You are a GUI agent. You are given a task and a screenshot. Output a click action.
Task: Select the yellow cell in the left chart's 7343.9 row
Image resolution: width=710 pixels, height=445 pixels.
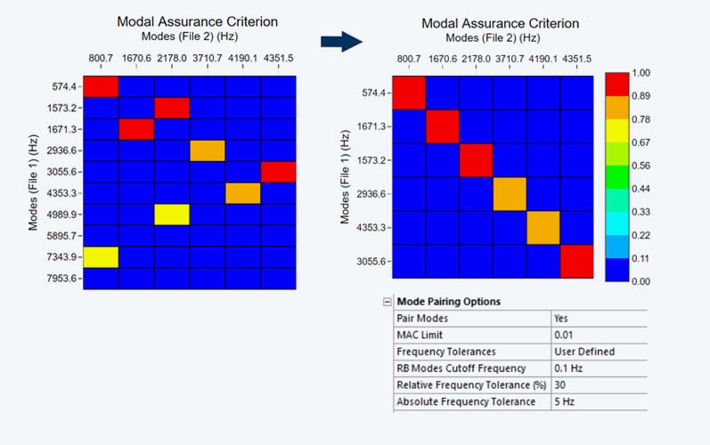pyautogui.click(x=102, y=256)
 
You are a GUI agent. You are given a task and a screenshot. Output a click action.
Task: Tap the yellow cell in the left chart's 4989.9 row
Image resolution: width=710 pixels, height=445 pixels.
pyautogui.click(x=171, y=214)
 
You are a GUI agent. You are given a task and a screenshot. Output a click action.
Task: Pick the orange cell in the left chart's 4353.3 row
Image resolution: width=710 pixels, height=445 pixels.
pyautogui.click(x=241, y=192)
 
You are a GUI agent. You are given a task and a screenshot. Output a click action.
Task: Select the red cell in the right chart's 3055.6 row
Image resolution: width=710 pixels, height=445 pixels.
pyautogui.click(x=576, y=262)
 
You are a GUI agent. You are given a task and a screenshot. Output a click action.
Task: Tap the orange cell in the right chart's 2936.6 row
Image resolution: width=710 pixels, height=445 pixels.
pyautogui.click(x=510, y=194)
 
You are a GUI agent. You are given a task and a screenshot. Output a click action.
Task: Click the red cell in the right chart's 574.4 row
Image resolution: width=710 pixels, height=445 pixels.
pyautogui.click(x=410, y=93)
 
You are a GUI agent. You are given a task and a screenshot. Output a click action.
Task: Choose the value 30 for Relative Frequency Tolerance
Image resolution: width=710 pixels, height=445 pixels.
pyautogui.click(x=560, y=384)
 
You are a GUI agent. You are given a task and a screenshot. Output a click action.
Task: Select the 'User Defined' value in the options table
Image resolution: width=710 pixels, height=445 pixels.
pyautogui.click(x=584, y=352)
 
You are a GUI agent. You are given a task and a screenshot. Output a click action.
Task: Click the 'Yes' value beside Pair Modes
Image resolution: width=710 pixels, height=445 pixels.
pyautogui.click(x=561, y=318)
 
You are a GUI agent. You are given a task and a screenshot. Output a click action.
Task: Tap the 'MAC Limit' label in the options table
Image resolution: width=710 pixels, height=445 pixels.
pyautogui.click(x=420, y=335)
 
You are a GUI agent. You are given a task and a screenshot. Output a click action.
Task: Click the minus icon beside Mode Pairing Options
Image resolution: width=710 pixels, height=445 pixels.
pyautogui.click(x=388, y=302)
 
